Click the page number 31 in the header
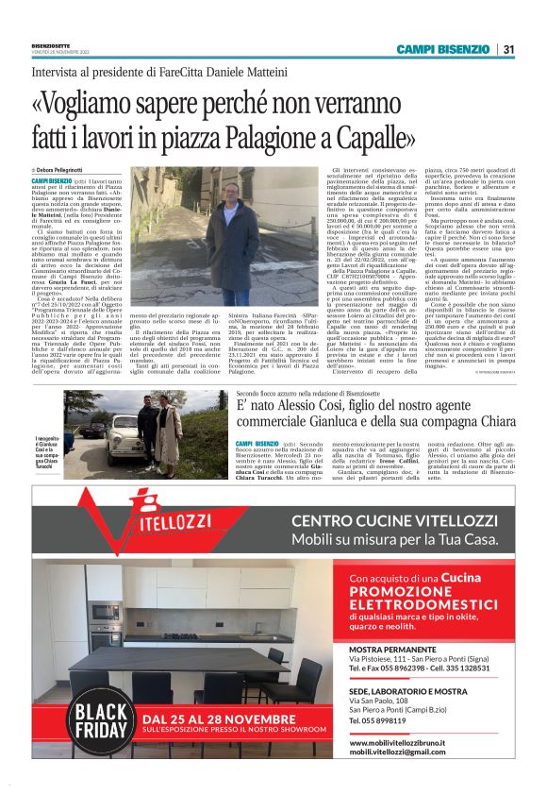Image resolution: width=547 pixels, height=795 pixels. [509, 49]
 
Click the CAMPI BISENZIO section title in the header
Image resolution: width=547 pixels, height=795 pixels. [444, 49]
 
